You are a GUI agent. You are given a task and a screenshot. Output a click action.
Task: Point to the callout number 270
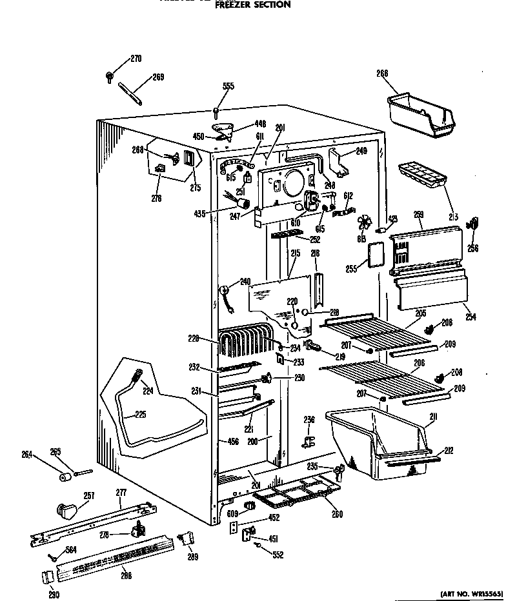pyautogui.click(x=136, y=59)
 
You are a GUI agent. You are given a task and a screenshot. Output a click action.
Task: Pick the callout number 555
pyautogui.click(x=228, y=86)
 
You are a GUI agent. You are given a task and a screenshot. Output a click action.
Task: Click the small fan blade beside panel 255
pyautogui.click(x=365, y=225)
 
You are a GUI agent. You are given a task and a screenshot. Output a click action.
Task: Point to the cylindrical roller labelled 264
pyautogui.click(x=65, y=478)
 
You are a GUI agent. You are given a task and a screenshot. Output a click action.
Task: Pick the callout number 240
pyautogui.click(x=245, y=281)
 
